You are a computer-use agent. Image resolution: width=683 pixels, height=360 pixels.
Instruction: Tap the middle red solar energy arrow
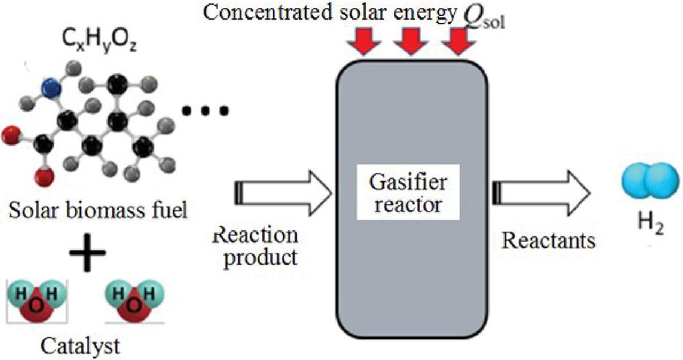410,43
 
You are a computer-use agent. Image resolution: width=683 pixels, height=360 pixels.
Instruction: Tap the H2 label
647,232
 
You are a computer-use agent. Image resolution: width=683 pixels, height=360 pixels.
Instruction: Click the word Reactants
548,239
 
